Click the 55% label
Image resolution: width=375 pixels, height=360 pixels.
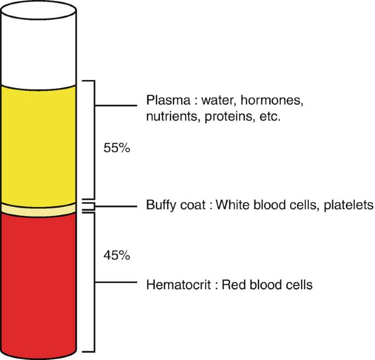coord(116,148)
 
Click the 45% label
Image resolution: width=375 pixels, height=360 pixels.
coord(116,255)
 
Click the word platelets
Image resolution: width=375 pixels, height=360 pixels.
coord(348,205)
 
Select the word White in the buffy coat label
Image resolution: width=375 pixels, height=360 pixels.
coord(232,205)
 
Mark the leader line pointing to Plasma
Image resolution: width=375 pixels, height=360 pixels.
coord(115,105)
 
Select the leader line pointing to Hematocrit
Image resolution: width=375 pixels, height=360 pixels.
coord(115,283)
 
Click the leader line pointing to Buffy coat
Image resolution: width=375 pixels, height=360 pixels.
coord(115,206)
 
